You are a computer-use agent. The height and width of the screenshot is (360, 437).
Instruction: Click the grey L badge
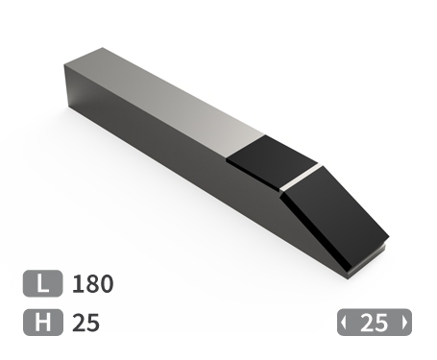42,284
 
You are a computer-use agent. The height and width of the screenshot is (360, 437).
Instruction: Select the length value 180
93,284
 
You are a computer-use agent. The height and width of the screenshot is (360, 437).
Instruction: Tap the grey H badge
42,323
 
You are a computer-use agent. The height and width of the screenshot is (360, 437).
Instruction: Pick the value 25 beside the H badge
85,323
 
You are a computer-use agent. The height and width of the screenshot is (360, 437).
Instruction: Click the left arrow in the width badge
344,324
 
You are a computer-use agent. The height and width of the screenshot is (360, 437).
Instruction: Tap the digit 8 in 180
93,284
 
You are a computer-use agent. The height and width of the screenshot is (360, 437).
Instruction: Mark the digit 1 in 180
79,284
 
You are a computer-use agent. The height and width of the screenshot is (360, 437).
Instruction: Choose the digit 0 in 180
107,284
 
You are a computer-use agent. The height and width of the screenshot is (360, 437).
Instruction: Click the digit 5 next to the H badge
93,323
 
